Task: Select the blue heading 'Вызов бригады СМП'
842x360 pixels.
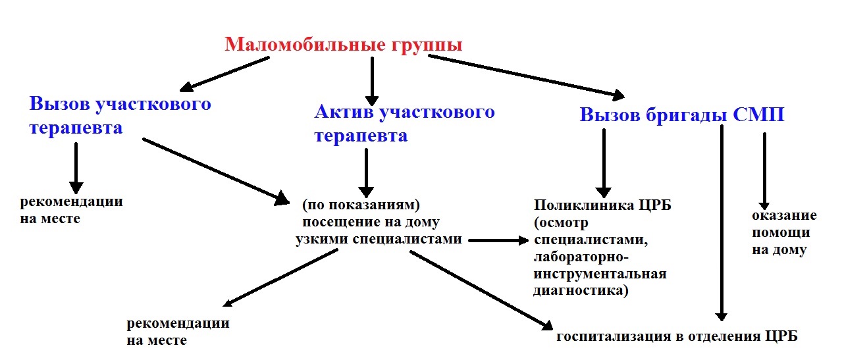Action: [x=682, y=115]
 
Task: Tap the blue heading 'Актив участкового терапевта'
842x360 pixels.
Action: [x=404, y=123]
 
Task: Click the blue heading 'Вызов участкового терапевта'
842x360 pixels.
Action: [x=120, y=115]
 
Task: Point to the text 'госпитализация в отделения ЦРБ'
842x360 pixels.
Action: [x=677, y=336]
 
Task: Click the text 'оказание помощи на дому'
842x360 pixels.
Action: [x=784, y=232]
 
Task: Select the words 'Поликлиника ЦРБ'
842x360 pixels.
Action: [x=602, y=205]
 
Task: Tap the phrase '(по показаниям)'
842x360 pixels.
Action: [x=361, y=205]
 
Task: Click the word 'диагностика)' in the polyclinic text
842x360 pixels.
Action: [x=581, y=291]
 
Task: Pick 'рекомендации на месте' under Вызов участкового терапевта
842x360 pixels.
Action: [x=71, y=210]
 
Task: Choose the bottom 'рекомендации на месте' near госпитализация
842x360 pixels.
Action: [x=178, y=332]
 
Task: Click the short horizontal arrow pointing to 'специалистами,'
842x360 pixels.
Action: [x=499, y=240]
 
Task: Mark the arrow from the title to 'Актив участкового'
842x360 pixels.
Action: [x=372, y=81]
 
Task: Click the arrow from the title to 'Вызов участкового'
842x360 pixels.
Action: [x=224, y=74]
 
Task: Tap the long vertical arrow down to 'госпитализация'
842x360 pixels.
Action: [x=722, y=222]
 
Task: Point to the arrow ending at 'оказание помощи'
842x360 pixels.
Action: [x=764, y=171]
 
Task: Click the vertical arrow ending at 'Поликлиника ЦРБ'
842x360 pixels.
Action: [x=604, y=163]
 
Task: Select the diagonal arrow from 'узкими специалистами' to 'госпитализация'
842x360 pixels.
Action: [x=481, y=290]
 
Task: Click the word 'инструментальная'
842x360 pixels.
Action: [x=600, y=274]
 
